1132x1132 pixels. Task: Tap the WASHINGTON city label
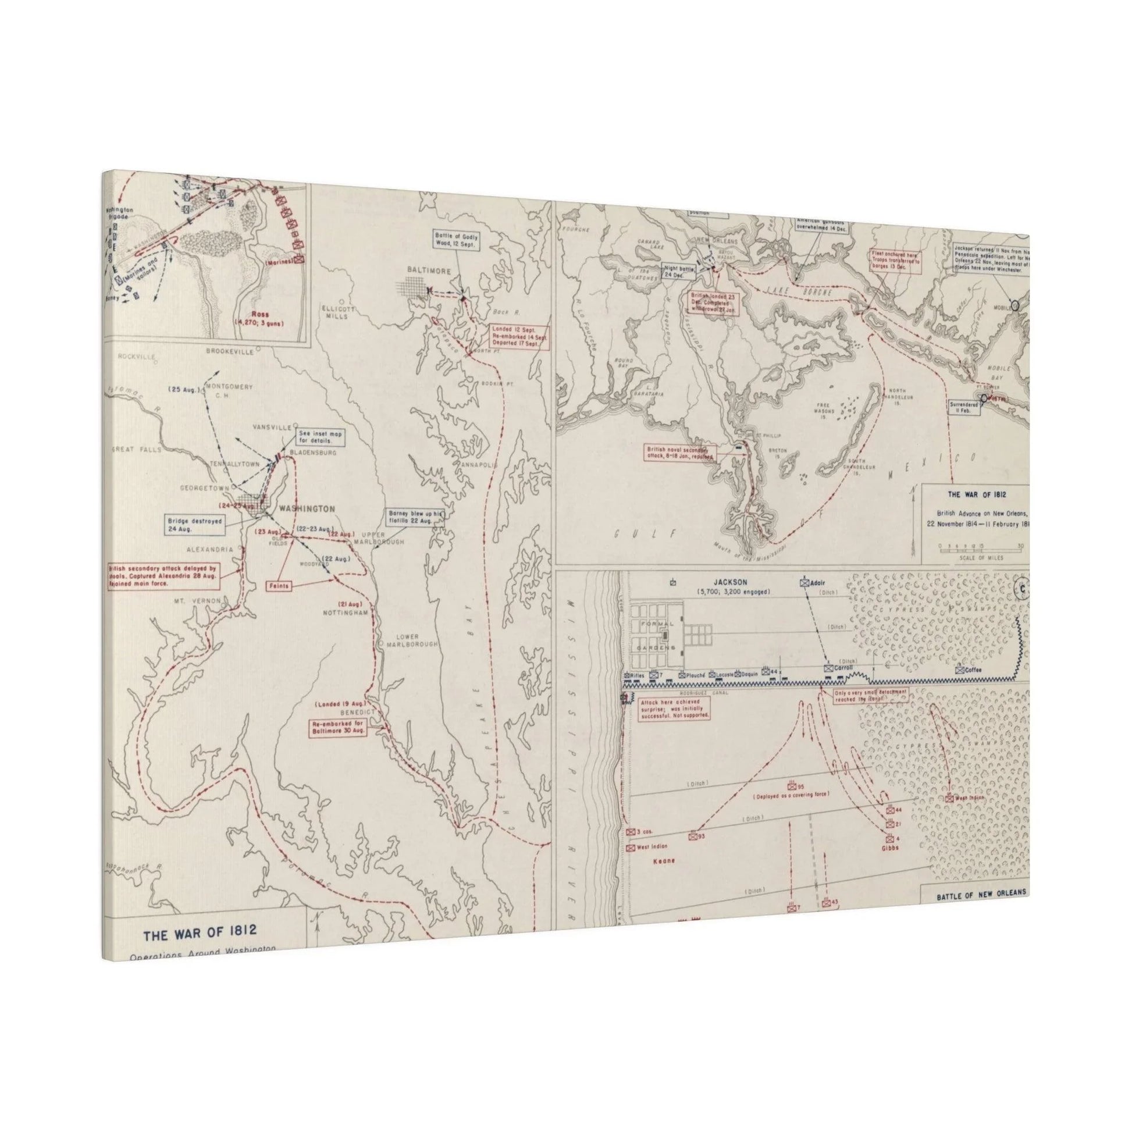(307, 508)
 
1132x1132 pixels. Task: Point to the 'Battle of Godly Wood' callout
(457, 240)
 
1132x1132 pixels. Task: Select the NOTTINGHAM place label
(347, 612)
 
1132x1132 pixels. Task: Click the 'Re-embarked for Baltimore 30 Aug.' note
(338, 727)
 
